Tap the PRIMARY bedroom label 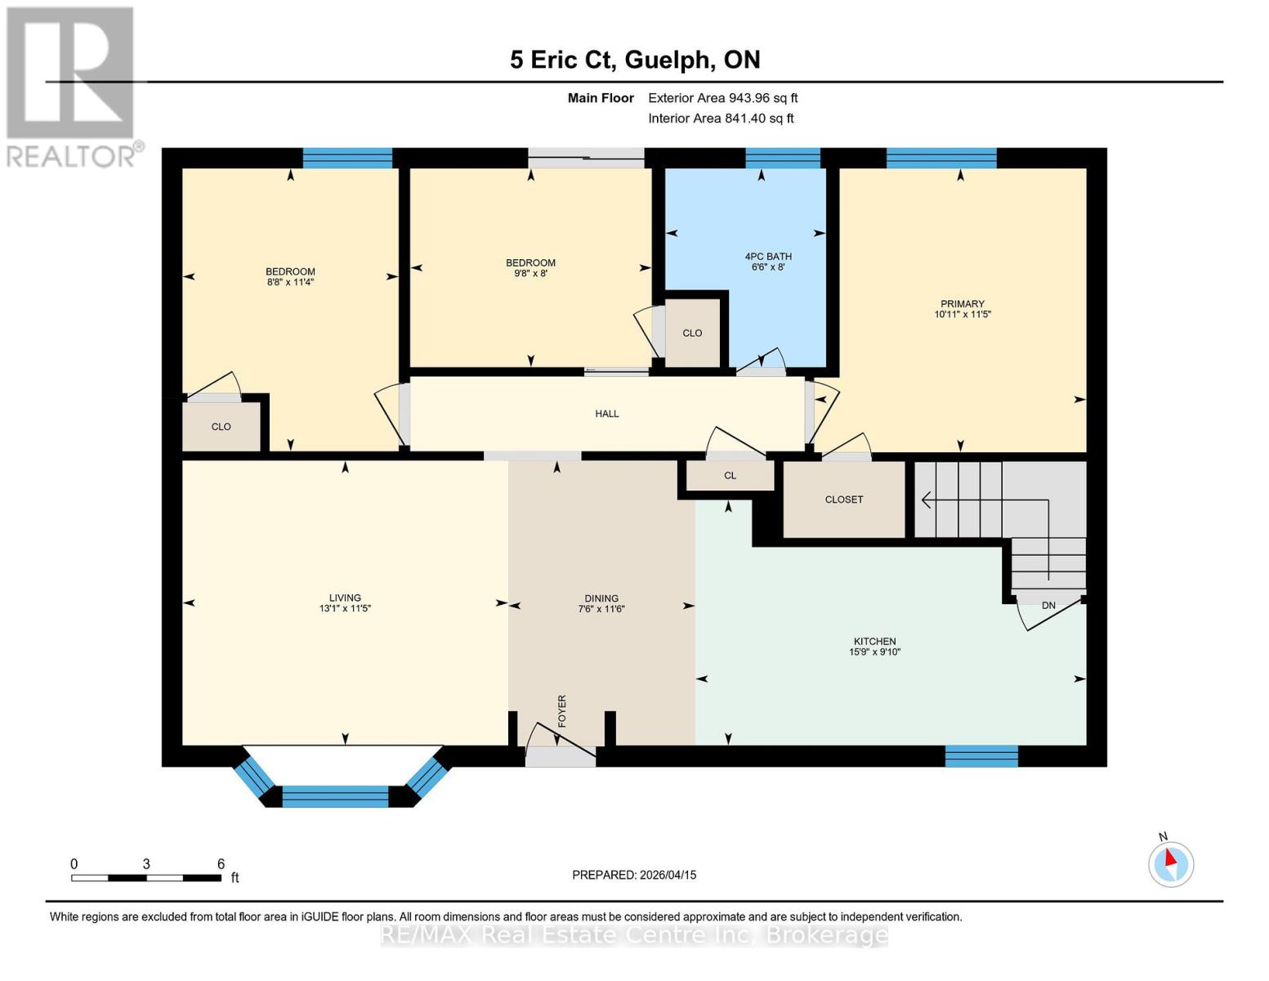[962, 304]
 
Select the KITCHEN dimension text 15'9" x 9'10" [874, 652]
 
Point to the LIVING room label [345, 598]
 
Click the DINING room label [601, 598]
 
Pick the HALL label [606, 414]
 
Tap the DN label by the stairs [1048, 606]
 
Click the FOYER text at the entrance [562, 710]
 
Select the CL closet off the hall [730, 476]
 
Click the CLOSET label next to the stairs [843, 499]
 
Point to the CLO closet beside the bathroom [692, 334]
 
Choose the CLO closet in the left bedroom [221, 427]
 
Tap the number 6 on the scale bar [221, 864]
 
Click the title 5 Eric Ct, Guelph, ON [635, 60]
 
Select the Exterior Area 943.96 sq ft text [722, 98]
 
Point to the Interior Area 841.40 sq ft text [721, 119]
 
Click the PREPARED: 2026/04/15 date [634, 875]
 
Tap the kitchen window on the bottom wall [981, 756]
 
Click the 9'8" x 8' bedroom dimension [530, 274]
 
